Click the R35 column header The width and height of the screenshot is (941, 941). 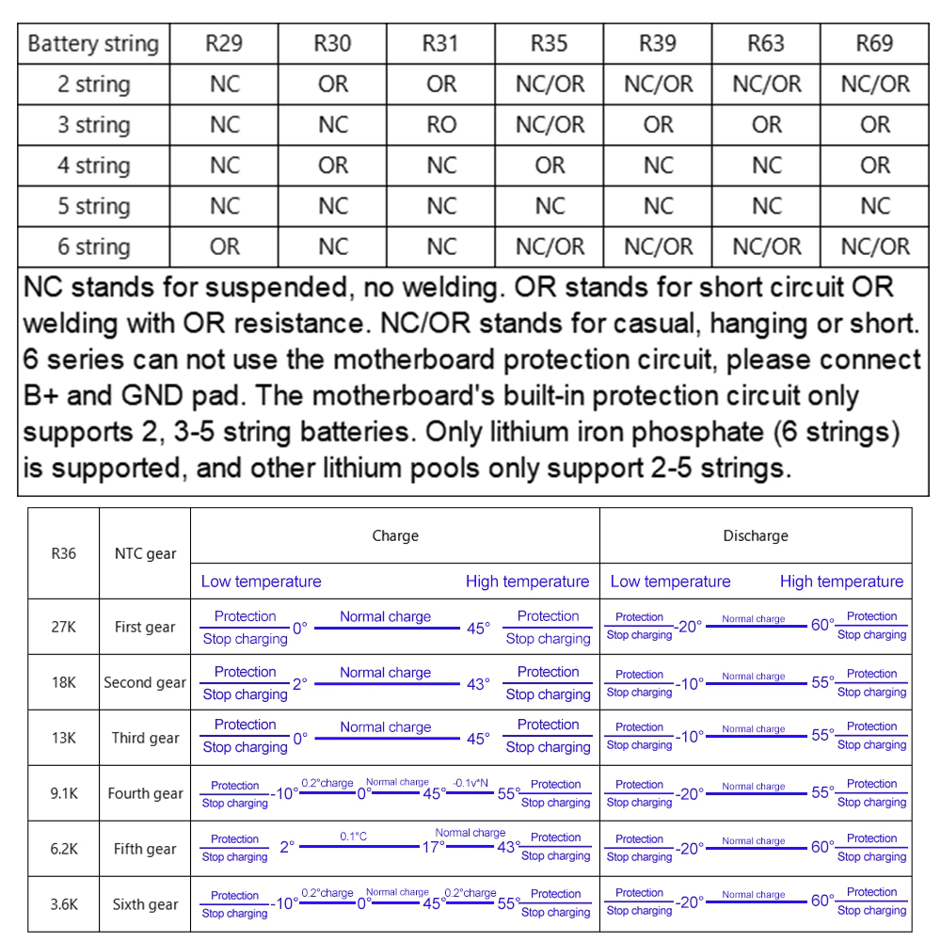(550, 43)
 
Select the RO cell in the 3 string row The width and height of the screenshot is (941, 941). (441, 124)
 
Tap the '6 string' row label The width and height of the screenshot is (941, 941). (93, 247)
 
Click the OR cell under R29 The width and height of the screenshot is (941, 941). (225, 247)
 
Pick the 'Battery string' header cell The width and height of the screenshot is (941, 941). (93, 43)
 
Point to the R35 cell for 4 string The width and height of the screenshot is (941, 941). (550, 166)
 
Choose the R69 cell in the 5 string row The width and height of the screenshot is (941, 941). (875, 206)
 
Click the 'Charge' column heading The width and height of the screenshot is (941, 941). (395, 535)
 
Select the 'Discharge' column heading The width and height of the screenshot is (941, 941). (756, 535)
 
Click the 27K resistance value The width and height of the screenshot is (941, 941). (64, 627)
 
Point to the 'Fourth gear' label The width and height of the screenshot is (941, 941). (146, 793)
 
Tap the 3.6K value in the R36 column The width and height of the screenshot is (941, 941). (64, 904)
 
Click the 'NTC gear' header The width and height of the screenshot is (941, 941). (146, 553)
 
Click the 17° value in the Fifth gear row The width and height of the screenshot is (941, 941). (433, 847)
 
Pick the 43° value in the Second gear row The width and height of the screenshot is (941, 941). (478, 684)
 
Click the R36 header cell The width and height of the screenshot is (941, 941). (64, 553)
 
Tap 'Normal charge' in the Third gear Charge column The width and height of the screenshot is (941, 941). (385, 726)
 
